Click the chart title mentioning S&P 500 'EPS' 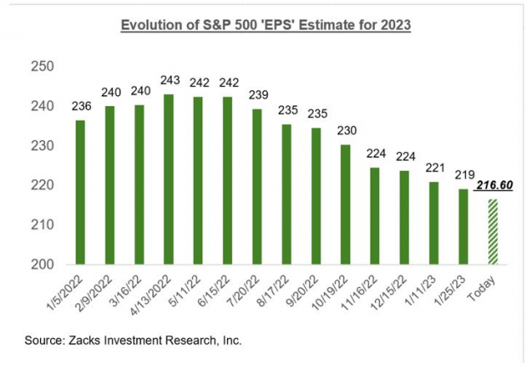(263, 25)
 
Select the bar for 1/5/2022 (80, 191)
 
